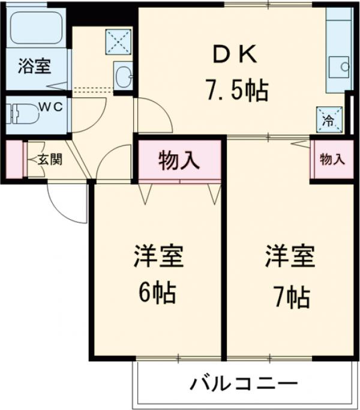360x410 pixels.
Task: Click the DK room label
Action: (x=235, y=55)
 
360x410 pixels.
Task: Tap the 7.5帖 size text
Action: (x=236, y=91)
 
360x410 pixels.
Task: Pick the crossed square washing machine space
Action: (x=118, y=41)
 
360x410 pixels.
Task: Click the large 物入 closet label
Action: (x=178, y=160)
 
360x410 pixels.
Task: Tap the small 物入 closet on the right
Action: (x=332, y=159)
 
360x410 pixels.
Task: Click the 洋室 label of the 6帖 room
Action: (x=157, y=257)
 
